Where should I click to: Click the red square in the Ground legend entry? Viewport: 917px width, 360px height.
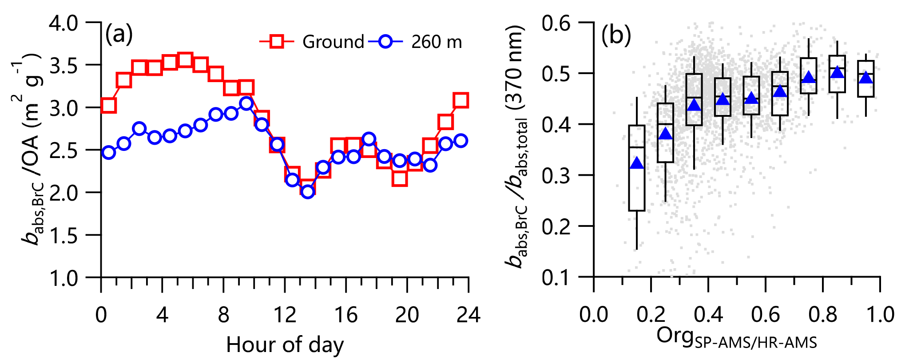277,42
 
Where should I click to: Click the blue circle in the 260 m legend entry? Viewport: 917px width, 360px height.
385,42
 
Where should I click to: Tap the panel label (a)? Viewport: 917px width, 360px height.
119,35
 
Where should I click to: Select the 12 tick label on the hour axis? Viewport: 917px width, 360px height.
285,315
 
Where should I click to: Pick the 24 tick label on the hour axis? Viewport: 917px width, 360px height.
468,315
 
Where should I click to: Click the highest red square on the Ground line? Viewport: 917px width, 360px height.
185,60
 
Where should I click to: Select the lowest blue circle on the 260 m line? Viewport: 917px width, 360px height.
308,191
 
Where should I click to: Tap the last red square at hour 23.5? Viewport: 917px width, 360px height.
461,100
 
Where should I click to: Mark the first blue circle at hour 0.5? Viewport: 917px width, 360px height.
109,152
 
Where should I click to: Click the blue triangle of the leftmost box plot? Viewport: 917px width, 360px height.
637,163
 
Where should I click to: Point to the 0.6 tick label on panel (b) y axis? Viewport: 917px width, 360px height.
556,23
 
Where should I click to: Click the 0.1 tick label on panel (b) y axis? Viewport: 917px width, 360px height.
556,277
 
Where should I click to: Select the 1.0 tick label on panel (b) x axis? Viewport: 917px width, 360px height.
880,315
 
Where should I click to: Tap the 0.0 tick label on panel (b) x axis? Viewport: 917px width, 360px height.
594,315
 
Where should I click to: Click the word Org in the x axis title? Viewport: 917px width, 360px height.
674,336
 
